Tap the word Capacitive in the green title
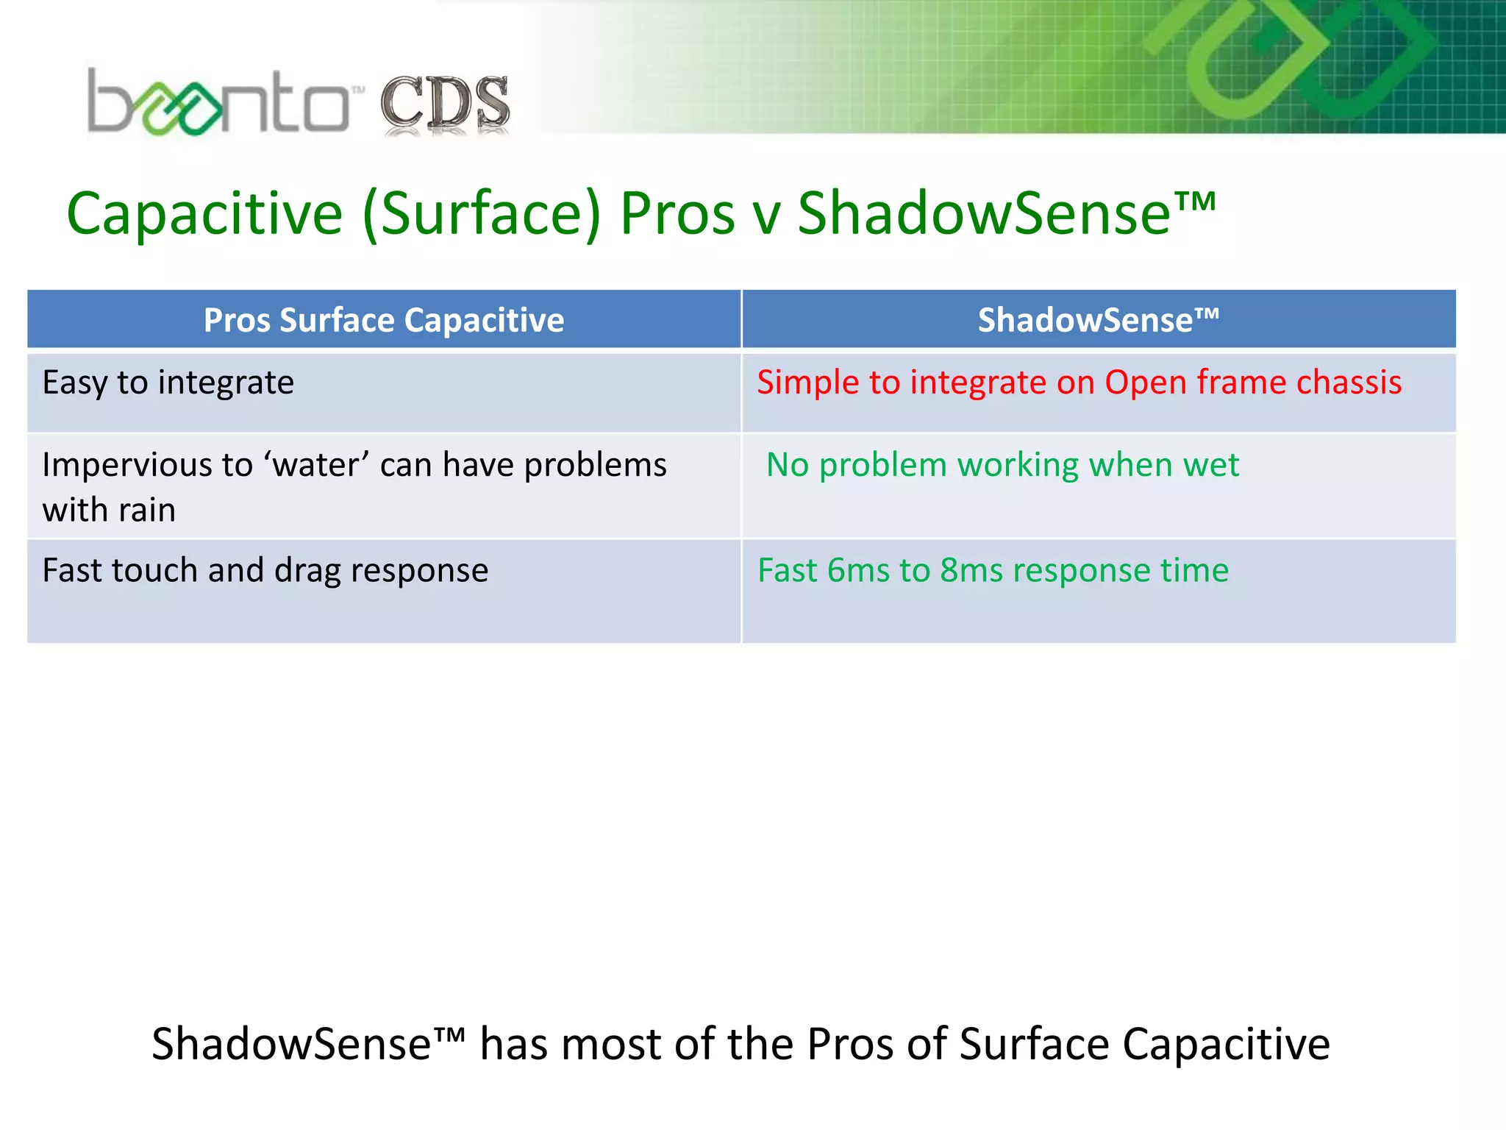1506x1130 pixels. [x=204, y=214]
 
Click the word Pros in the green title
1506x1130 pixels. [x=677, y=214]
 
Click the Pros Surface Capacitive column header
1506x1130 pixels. [x=384, y=321]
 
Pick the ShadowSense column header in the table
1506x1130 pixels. [x=1098, y=321]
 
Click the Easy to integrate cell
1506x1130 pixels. [x=168, y=383]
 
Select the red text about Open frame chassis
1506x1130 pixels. [x=1079, y=383]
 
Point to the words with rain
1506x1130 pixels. [x=109, y=511]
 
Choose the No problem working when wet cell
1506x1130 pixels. [x=1002, y=465]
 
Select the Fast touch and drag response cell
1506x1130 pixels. [x=265, y=571]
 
